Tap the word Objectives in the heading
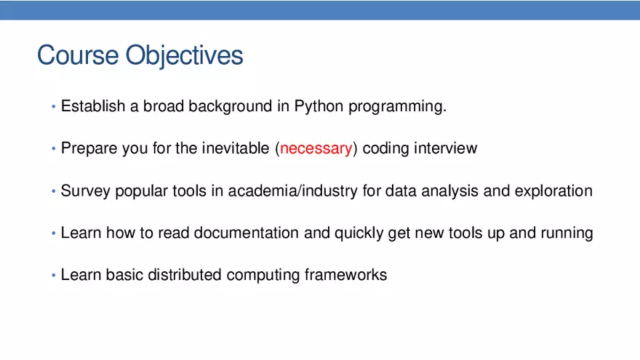(x=184, y=56)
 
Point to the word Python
(x=319, y=106)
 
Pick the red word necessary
(x=316, y=149)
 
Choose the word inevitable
(x=236, y=148)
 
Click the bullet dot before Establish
(x=53, y=108)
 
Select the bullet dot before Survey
(x=53, y=192)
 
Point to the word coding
(x=385, y=149)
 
